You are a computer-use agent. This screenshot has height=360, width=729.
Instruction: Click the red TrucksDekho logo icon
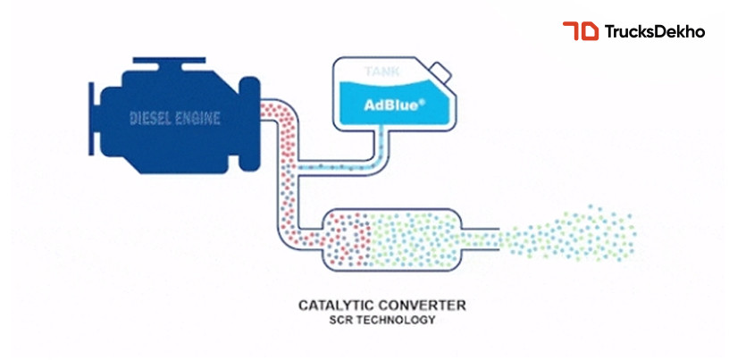pos(580,31)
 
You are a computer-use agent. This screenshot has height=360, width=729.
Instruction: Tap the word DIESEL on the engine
pos(153,118)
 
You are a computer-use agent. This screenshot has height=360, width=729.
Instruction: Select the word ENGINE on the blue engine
pos(198,118)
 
